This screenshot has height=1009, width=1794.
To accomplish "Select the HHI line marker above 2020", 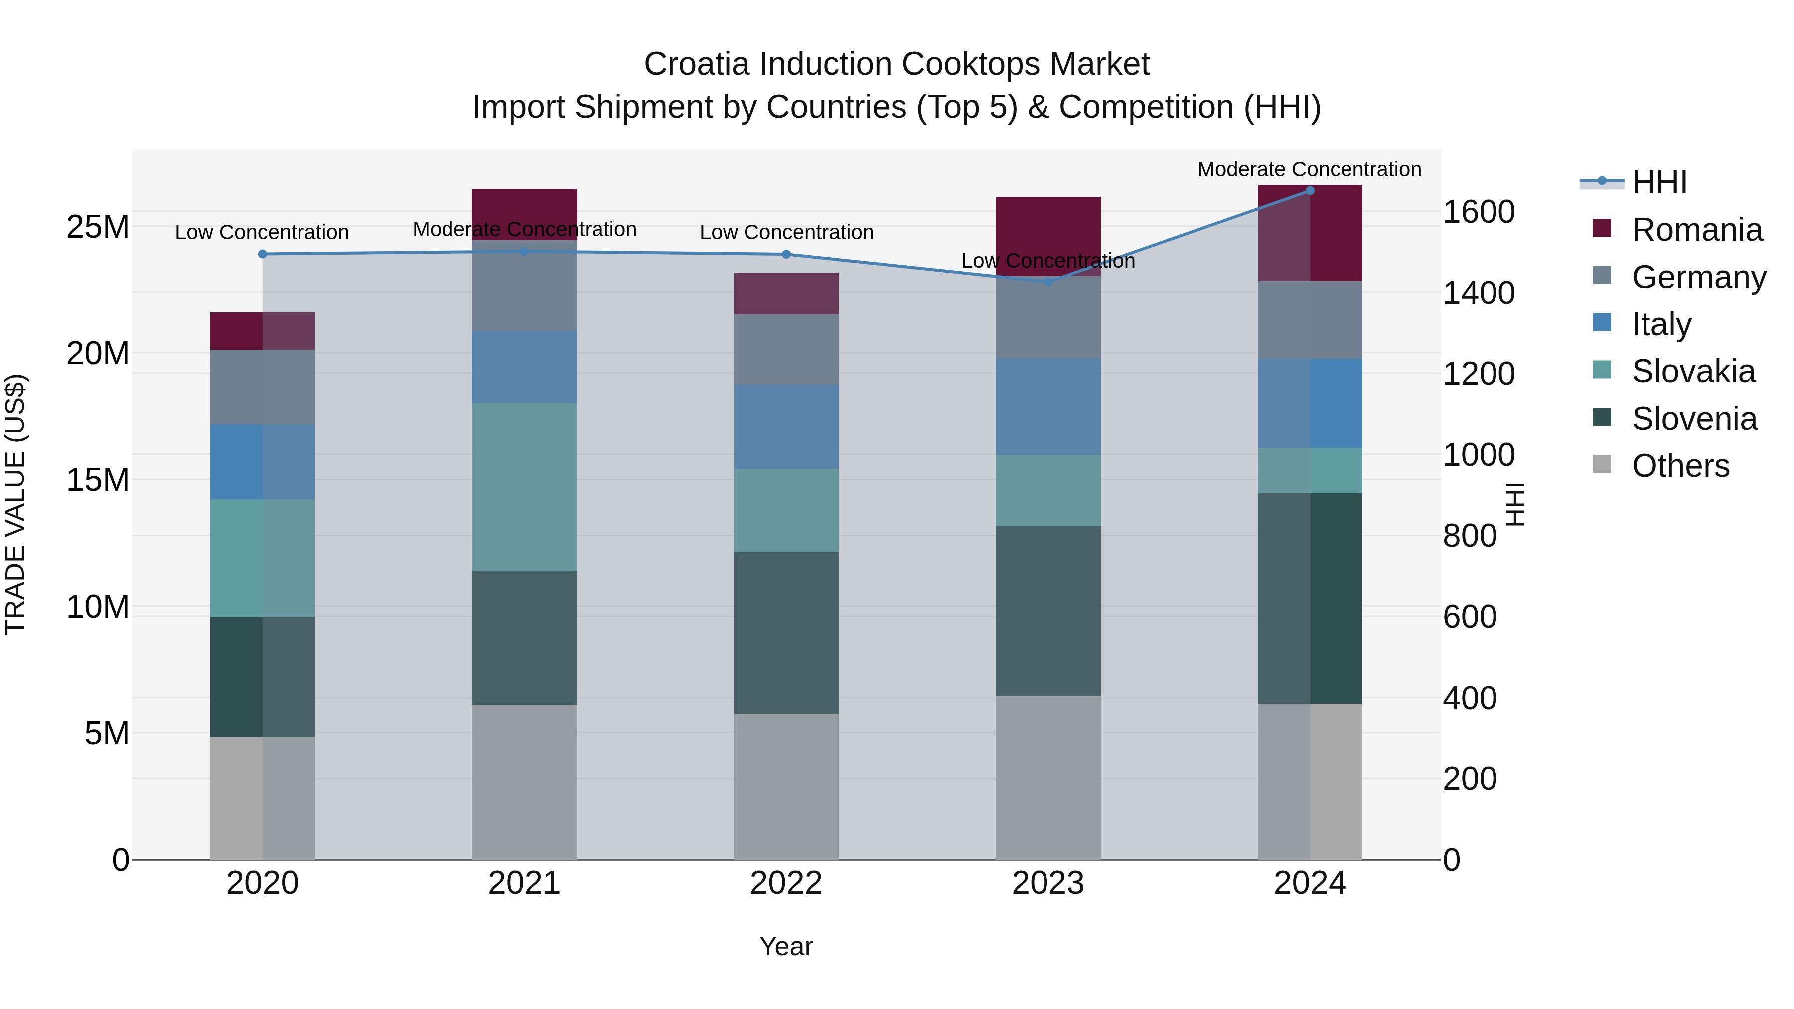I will coord(263,254).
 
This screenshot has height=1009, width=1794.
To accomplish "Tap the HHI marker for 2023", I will coord(1048,282).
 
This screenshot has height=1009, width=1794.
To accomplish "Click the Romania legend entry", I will coord(1696,230).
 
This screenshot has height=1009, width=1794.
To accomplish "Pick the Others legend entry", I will coord(1680,466).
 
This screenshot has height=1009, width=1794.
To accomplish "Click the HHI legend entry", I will coord(1659,182).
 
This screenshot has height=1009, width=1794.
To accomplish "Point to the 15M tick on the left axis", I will coord(98,480).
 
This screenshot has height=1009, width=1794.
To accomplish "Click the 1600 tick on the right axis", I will coord(1478,212).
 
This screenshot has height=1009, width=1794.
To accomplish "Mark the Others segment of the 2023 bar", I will coord(1048,777).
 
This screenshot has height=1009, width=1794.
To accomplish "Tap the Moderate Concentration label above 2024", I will coord(1309,169).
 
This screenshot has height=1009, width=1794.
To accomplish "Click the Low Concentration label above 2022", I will coord(786,232).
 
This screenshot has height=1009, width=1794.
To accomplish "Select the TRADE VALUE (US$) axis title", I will coord(15,504).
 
